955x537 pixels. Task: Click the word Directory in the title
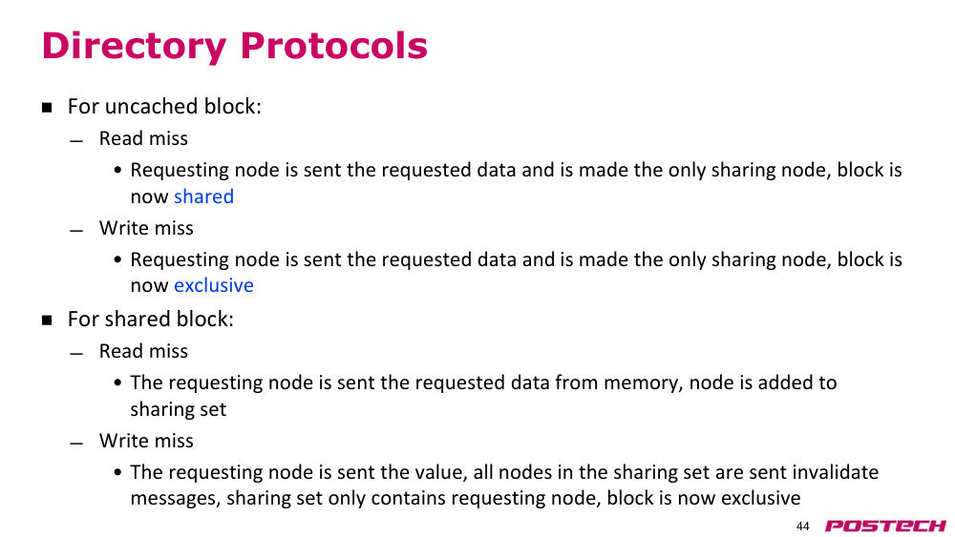[134, 47]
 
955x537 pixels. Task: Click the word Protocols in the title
[333, 46]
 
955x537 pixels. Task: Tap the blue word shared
[203, 196]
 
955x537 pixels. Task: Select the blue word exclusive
[213, 285]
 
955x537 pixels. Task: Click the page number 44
[803, 527]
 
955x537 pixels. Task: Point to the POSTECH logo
[885, 526]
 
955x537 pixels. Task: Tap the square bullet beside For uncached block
[47, 108]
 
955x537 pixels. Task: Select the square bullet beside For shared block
[47, 320]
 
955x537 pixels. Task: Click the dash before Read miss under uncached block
[76, 142]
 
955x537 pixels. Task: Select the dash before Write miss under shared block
[76, 444]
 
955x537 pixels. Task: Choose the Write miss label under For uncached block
[146, 228]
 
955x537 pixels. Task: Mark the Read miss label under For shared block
[144, 351]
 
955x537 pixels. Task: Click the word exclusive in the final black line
[761, 498]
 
